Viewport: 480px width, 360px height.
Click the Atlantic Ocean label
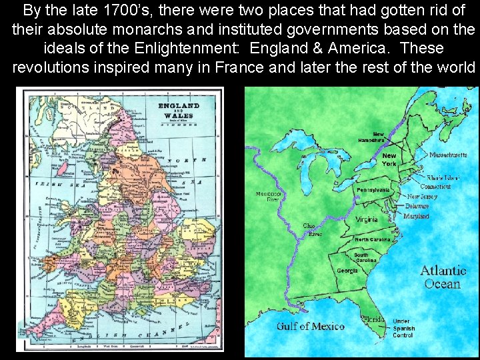[x=443, y=277]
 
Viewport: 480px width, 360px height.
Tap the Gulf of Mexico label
[x=311, y=326]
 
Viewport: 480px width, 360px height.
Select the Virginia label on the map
[x=367, y=219]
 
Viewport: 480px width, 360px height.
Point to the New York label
[x=389, y=159]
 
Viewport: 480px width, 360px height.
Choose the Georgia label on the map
[x=347, y=271]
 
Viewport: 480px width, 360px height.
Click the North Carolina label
[x=373, y=239]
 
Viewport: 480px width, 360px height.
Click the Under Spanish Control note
[x=403, y=328]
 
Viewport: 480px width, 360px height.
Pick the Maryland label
[x=416, y=216]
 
